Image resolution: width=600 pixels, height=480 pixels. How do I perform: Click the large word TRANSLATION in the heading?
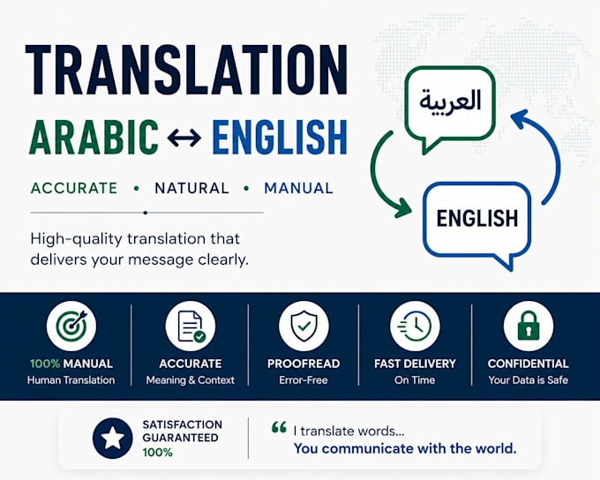coord(186,70)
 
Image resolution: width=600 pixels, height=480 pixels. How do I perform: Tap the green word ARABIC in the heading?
coord(94,137)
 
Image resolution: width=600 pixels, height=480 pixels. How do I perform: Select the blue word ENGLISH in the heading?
coord(280,137)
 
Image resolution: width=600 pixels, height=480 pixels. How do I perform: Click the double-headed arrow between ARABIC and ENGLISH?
coord(184,138)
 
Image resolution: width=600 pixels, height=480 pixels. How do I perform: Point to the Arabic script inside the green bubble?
coord(450,101)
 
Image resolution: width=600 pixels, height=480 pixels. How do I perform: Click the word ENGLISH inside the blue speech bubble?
coord(477,218)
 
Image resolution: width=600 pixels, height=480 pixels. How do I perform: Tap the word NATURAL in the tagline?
coord(191,188)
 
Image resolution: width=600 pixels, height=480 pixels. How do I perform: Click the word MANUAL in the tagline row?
coord(298,188)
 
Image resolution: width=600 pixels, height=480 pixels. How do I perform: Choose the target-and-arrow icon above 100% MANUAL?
coord(71,326)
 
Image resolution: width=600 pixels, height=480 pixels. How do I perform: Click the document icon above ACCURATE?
coord(191,326)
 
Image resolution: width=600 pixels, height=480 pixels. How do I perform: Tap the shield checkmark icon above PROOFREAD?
coord(304,326)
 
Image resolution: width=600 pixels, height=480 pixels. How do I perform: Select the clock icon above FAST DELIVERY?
coord(415,326)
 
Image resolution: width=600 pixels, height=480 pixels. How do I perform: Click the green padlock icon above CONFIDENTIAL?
coord(529,326)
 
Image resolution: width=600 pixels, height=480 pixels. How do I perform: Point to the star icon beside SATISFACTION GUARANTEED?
coord(113,439)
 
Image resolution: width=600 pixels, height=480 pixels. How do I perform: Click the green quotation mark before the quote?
coord(279,427)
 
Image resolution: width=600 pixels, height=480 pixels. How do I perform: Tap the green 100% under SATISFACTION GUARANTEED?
coord(157,453)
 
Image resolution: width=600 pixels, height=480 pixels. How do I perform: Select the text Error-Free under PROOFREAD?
coord(304,380)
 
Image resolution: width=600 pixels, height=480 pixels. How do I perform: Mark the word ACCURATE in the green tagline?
coord(74,188)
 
